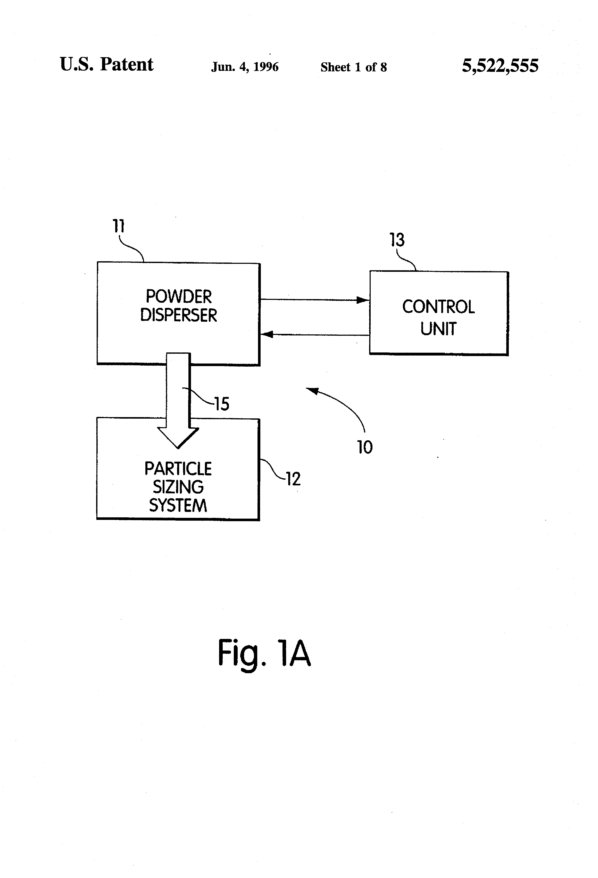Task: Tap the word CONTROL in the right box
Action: pyautogui.click(x=438, y=307)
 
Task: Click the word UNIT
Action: pyautogui.click(x=438, y=329)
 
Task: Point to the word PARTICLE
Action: pyautogui.click(x=178, y=469)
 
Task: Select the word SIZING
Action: pyautogui.click(x=178, y=487)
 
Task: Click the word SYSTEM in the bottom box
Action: pyautogui.click(x=178, y=505)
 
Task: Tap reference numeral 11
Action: pyautogui.click(x=119, y=226)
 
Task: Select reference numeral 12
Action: pyautogui.click(x=293, y=479)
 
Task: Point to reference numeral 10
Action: pyautogui.click(x=365, y=447)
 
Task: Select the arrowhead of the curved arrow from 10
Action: pyautogui.click(x=311, y=390)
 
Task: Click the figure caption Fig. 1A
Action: pyautogui.click(x=264, y=653)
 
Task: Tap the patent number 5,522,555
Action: pyautogui.click(x=500, y=66)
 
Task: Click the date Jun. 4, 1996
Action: pyautogui.click(x=245, y=67)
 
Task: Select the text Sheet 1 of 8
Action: pyautogui.click(x=353, y=67)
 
